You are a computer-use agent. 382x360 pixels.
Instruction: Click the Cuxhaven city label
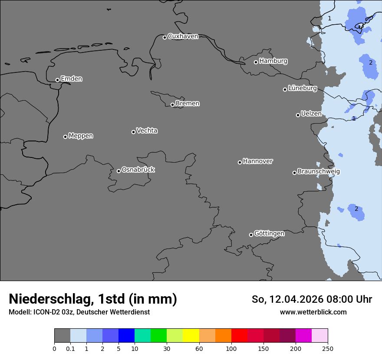[x=183, y=36]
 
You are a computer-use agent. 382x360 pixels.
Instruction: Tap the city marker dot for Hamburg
[x=256, y=62]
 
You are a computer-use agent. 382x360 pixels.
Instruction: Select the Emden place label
[x=71, y=79]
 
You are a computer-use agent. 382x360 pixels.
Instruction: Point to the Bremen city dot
[x=172, y=105]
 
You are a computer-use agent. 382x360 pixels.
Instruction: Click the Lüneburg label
[x=302, y=88]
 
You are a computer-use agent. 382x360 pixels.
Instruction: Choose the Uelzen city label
[x=311, y=114]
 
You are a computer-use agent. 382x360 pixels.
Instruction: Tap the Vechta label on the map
[x=147, y=131]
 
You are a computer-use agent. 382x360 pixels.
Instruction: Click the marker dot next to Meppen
[x=65, y=137]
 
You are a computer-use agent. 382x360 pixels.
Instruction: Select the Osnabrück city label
[x=138, y=170]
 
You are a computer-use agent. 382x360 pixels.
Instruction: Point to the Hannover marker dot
[x=240, y=162]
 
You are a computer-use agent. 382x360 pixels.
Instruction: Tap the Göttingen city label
[x=269, y=233]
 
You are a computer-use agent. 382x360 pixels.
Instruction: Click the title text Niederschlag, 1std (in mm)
[x=93, y=299]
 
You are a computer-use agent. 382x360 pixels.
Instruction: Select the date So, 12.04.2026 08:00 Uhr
[x=312, y=299]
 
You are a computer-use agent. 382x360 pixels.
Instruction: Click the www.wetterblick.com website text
[x=313, y=312]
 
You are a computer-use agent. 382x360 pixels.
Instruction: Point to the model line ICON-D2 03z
[x=79, y=312]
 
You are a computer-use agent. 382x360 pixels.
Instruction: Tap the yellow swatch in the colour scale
[x=191, y=336]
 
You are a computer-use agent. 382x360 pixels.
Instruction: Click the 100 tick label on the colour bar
[x=231, y=348]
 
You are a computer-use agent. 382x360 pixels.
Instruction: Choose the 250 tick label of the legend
[x=327, y=348]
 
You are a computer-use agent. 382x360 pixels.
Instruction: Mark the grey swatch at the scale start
[x=62, y=336]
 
